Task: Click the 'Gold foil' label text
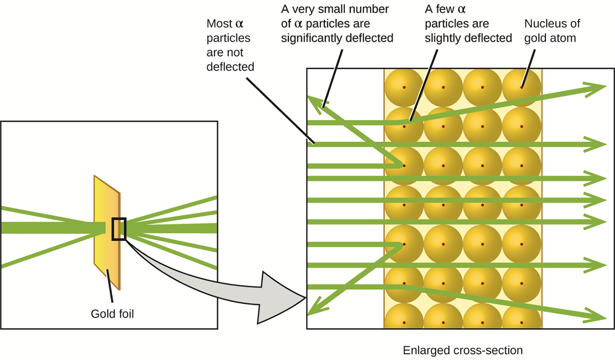tap(112, 313)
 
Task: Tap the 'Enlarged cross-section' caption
tap(462, 350)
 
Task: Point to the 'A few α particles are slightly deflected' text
tap(468, 30)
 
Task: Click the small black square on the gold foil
tap(119, 229)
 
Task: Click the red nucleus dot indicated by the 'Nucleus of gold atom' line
tap(522, 88)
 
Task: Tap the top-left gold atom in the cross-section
tap(403, 88)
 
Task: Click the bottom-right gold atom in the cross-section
tap(522, 322)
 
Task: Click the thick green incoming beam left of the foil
tap(49, 228)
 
